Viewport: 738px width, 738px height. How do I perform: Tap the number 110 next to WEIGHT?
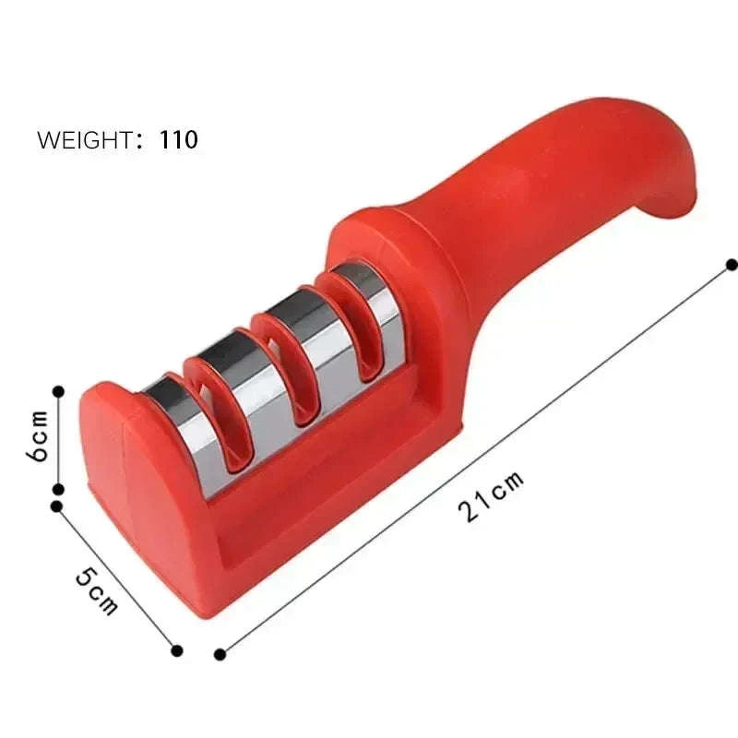pos(179,140)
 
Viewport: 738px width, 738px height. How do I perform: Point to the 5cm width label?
pos(96,589)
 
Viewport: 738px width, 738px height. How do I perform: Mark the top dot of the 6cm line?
pos(58,391)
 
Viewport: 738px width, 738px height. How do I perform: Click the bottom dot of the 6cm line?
pos(58,491)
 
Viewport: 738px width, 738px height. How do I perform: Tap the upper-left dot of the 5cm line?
pos(57,506)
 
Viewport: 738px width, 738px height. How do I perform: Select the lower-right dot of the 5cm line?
pos(177,650)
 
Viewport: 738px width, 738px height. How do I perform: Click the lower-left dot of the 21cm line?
pos(220,655)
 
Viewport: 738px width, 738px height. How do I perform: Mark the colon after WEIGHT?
pos(140,141)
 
